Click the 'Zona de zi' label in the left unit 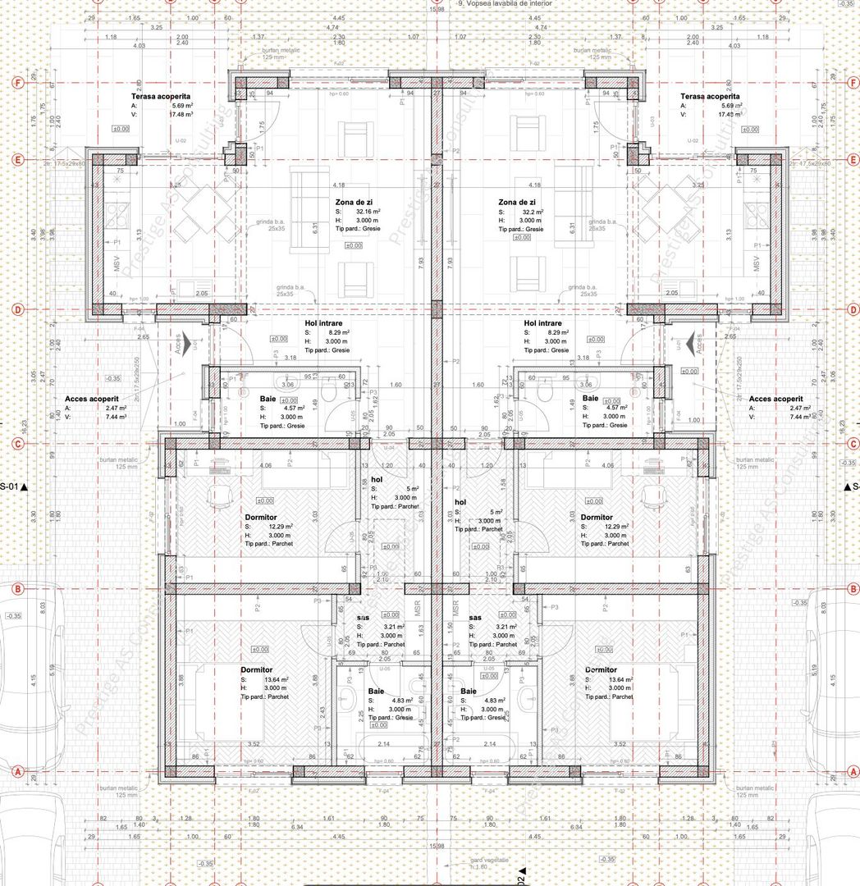355,202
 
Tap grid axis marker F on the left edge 16,83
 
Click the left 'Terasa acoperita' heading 160,96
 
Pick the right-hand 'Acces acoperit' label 775,398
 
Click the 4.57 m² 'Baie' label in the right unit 591,398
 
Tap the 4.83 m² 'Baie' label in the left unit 377,691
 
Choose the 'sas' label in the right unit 474,618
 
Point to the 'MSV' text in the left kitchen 117,264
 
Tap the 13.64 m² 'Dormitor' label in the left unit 255,669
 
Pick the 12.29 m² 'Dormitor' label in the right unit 597,518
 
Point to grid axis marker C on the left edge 16,444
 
